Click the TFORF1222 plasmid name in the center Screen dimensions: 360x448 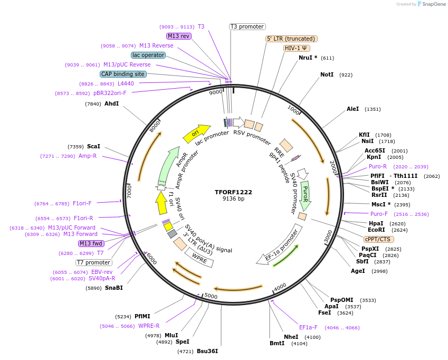(x=233, y=192)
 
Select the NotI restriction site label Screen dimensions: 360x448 (x=327, y=75)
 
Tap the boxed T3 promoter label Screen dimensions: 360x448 (x=247, y=26)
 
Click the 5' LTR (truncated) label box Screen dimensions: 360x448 (x=291, y=39)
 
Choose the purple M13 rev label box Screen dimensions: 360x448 (x=178, y=36)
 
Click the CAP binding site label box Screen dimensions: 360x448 (x=123, y=74)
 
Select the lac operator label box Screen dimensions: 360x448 (x=148, y=55)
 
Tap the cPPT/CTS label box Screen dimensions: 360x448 (x=377, y=239)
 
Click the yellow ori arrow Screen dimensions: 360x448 (x=196, y=134)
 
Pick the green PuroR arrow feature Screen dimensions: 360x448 (x=305, y=195)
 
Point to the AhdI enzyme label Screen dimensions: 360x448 (x=111, y=103)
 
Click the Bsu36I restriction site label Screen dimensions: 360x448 (x=207, y=351)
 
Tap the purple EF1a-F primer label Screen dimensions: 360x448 (x=308, y=327)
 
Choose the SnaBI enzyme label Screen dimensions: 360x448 (x=113, y=288)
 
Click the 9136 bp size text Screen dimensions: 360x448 (x=233, y=199)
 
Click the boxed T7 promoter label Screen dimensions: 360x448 (x=94, y=262)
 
